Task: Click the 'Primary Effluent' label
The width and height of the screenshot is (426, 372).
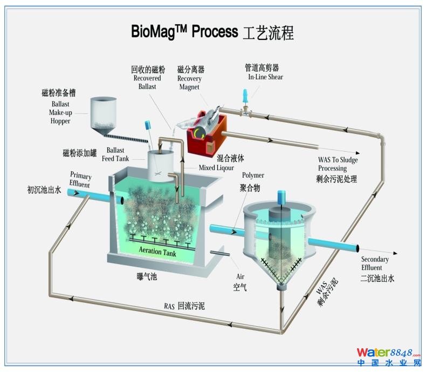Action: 80,180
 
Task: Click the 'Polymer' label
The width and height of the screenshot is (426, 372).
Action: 253,175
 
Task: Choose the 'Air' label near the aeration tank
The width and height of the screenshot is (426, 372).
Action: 241,275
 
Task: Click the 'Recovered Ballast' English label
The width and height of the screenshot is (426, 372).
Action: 147,82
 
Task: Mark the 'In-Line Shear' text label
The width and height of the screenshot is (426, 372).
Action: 265,77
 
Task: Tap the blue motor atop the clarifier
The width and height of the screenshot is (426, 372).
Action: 280,198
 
